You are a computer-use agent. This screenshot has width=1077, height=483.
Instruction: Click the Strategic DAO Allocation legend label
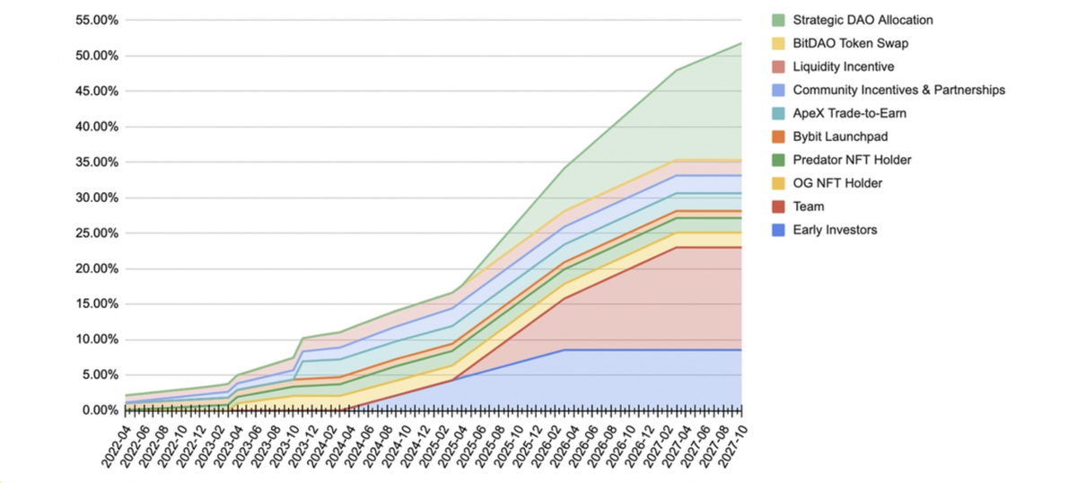coord(862,20)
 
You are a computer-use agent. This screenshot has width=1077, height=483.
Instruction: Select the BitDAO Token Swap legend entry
coord(848,43)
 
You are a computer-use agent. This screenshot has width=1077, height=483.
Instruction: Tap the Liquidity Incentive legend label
coord(844,66)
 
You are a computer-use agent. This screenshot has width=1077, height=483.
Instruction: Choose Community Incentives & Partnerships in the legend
coord(898,90)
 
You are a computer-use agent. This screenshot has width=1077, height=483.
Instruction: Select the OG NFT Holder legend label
coord(837,183)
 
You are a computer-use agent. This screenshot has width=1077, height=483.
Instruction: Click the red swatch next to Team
coord(777,206)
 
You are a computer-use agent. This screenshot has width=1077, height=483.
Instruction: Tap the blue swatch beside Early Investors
coord(777,230)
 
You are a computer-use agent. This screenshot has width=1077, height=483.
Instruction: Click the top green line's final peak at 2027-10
coord(741,43)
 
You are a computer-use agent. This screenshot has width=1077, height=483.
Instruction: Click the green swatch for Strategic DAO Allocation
coord(777,20)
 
